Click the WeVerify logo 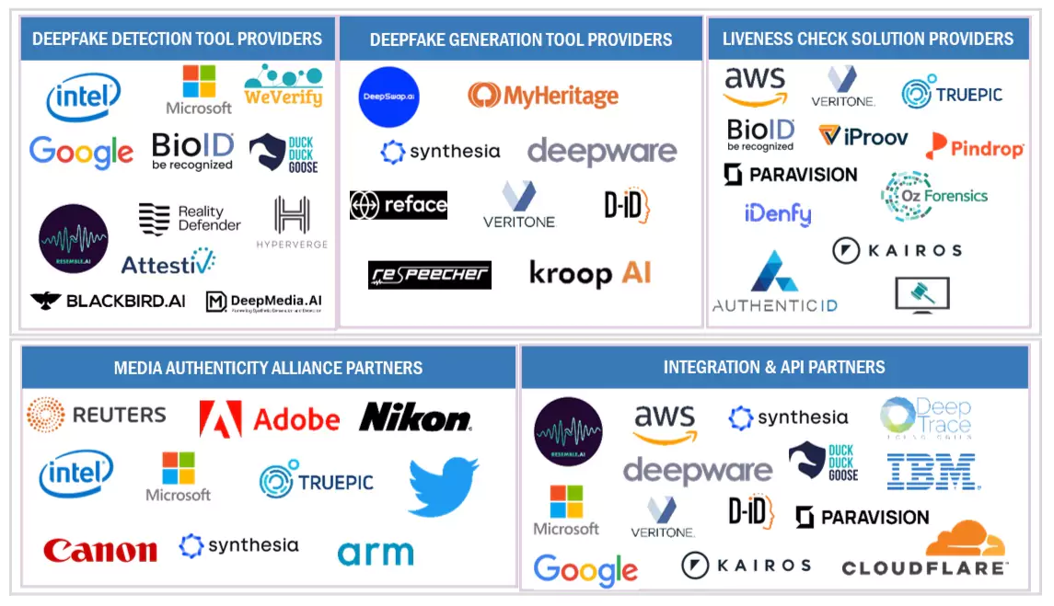[283, 86]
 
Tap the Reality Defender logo [190, 219]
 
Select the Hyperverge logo [292, 223]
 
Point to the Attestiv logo [168, 263]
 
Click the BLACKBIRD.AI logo [108, 301]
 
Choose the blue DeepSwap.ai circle [388, 97]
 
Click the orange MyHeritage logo [542, 95]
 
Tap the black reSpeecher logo [430, 275]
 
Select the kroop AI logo [590, 273]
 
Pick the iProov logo [863, 137]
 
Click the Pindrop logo [975, 146]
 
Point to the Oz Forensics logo [933, 196]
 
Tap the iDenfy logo [778, 214]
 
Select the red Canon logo [99, 550]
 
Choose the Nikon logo [415, 417]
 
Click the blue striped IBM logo [932, 471]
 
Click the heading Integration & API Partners [774, 368]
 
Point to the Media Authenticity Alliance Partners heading [268, 368]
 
